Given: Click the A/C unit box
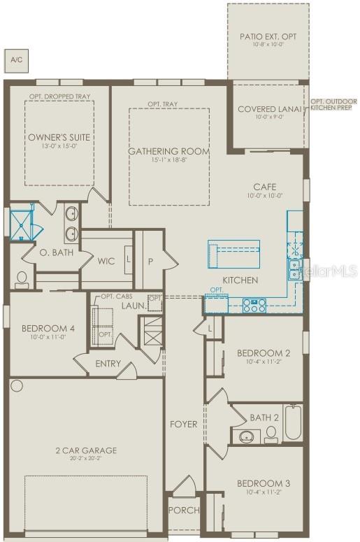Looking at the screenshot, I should [15, 60].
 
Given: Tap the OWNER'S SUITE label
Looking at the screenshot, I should [59, 138].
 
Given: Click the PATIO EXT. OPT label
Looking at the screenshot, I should [267, 34].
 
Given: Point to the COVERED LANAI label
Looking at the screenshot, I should [268, 109].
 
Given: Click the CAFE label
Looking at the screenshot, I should [264, 187].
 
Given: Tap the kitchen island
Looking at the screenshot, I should [233, 252].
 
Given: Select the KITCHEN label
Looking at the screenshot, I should [240, 280].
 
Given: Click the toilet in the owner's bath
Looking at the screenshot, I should [22, 280].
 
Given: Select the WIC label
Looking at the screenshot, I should [106, 262].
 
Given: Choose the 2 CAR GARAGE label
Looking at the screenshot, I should [87, 450].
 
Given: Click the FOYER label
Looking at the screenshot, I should [184, 424].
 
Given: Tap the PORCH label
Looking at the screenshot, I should [185, 510].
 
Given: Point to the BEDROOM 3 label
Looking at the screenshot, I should [263, 483].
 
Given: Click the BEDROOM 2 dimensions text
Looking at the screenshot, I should [263, 362].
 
